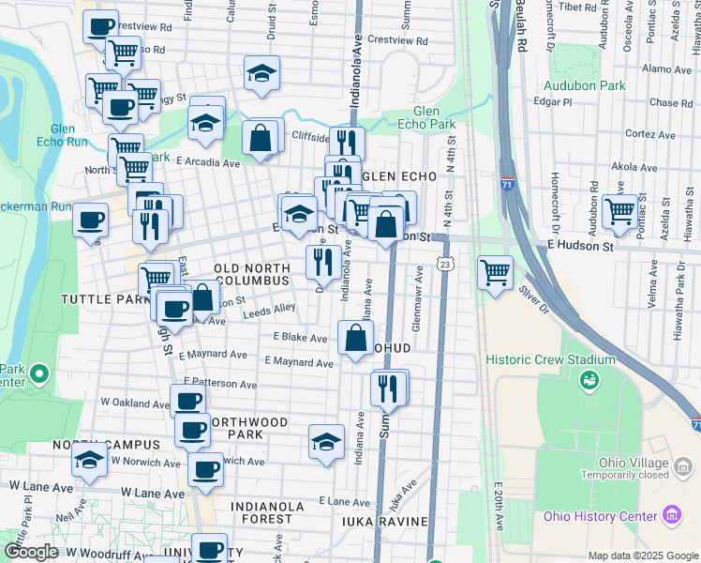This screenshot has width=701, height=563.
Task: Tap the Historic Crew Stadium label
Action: (550, 359)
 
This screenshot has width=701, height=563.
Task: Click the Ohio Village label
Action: (634, 464)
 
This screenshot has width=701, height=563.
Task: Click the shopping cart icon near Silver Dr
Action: (495, 273)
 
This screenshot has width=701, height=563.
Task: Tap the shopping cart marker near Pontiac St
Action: (619, 211)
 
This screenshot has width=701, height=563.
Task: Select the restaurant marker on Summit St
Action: (389, 386)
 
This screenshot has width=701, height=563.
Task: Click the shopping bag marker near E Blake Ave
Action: (355, 339)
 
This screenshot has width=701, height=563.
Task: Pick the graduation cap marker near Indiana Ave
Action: (325, 442)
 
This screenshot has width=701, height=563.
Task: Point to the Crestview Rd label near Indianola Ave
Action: (397, 41)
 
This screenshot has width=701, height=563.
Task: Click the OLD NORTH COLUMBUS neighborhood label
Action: (252, 274)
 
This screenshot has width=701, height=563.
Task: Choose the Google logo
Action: (32, 552)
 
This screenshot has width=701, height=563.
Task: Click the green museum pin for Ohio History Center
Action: (670, 515)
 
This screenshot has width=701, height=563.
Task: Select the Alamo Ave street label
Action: (667, 68)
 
